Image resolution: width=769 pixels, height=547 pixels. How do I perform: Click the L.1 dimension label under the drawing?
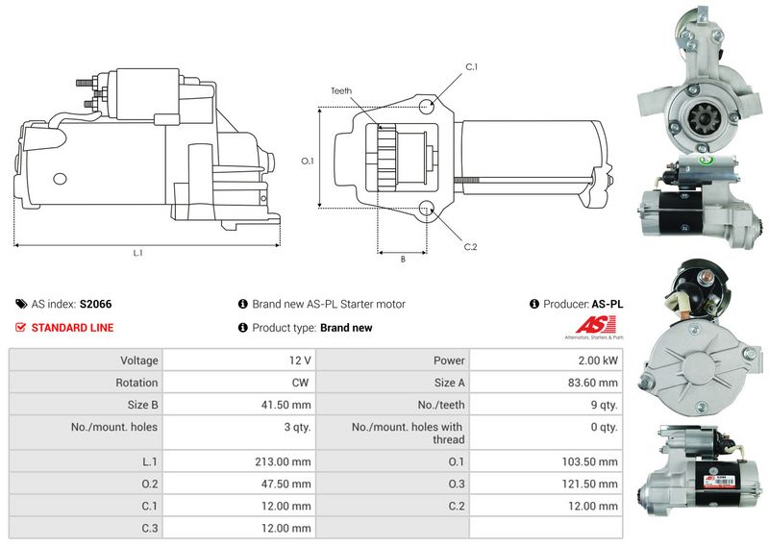[x=137, y=253]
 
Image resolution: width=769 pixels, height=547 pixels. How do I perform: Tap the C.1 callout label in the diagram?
[x=471, y=66]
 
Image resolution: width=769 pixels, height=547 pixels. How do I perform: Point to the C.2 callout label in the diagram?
[x=470, y=247]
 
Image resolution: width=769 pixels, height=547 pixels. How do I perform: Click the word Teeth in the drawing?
[x=341, y=90]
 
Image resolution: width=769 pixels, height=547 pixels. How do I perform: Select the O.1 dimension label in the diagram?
[x=308, y=161]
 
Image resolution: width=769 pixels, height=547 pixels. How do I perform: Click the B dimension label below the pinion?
[x=402, y=259]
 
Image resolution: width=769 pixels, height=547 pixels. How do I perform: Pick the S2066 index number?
[x=95, y=304]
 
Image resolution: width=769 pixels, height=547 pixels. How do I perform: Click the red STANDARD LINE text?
[x=72, y=328]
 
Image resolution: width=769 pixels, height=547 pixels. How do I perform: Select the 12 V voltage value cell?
[x=300, y=361]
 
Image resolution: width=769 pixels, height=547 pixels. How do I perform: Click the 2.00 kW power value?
[x=599, y=361]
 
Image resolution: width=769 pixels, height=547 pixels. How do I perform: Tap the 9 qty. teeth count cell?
[x=604, y=405]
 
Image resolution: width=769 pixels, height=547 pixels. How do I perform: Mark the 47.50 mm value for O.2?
[x=290, y=484]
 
